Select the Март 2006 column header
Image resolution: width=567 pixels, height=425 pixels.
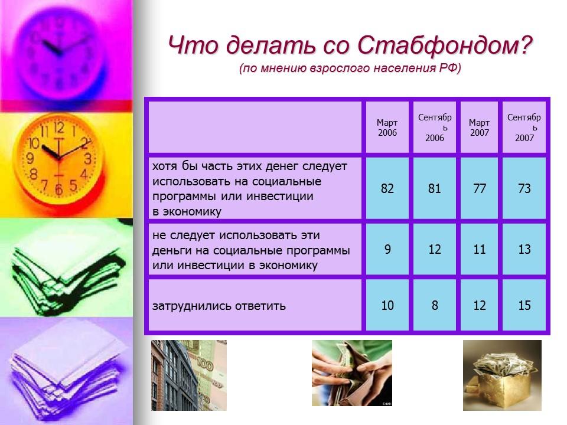pyautogui.click(x=387, y=127)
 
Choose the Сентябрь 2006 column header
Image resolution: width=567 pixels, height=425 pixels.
pyautogui.click(x=435, y=127)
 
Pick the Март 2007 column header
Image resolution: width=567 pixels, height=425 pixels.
pyautogui.click(x=480, y=127)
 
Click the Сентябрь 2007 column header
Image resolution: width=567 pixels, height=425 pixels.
pyautogui.click(x=524, y=127)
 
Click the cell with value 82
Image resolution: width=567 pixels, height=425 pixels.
pyautogui.click(x=387, y=189)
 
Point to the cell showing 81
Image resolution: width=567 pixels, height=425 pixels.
pyautogui.click(x=435, y=189)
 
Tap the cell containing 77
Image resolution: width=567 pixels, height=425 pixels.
pyautogui.click(x=480, y=189)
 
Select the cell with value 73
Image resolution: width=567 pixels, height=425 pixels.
pyautogui.click(x=524, y=189)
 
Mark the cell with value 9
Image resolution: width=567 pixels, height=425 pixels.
pyautogui.click(x=387, y=250)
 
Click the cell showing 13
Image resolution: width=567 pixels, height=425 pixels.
pyautogui.click(x=524, y=250)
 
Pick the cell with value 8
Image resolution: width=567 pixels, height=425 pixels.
pyautogui.click(x=435, y=306)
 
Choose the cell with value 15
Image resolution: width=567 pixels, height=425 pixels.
pyautogui.click(x=524, y=306)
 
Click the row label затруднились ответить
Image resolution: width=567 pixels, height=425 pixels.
pyautogui.click(x=219, y=306)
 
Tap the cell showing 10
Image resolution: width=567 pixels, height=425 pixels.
pyautogui.click(x=387, y=306)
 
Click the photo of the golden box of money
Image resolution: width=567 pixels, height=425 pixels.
pyautogui.click(x=502, y=375)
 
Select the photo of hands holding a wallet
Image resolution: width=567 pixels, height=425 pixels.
pyautogui.click(x=352, y=373)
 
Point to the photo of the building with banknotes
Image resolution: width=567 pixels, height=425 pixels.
pyautogui.click(x=188, y=375)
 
